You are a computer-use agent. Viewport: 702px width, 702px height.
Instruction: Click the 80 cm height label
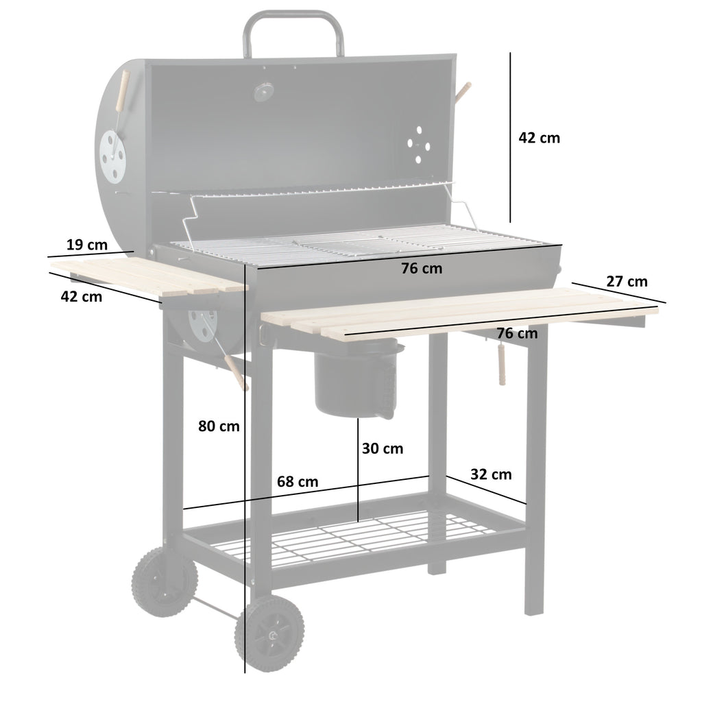point(219,426)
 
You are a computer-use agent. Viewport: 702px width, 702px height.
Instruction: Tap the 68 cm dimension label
point(297,481)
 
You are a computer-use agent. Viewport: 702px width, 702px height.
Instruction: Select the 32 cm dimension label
point(491,474)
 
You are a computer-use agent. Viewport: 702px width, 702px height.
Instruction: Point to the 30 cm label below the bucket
point(383,449)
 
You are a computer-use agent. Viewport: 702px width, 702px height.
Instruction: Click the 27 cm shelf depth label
point(627,281)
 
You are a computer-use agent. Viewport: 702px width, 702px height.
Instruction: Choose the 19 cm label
point(87,244)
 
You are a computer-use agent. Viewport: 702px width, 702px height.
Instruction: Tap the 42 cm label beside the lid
point(539,138)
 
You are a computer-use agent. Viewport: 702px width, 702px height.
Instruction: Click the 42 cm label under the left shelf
point(81,297)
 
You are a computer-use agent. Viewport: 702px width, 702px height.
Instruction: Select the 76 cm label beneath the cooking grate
point(422,269)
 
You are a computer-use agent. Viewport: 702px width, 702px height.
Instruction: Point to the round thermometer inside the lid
point(263,91)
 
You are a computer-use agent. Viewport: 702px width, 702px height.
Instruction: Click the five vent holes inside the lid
point(417,143)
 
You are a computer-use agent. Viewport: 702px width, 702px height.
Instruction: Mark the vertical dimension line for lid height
point(510,137)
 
